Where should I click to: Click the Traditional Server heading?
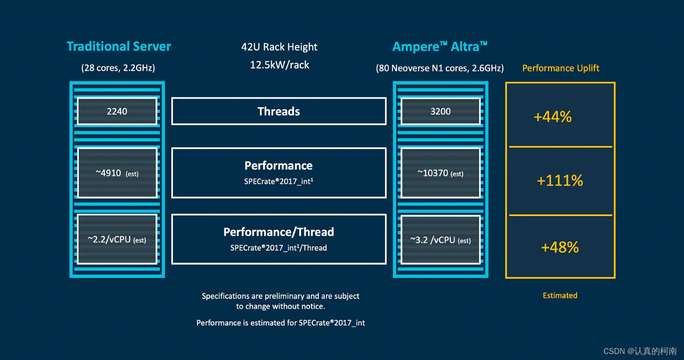[x=118, y=46]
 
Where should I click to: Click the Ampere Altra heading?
[x=439, y=46]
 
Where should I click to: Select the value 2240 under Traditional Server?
[x=117, y=111]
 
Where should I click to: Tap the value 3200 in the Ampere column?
[x=440, y=111]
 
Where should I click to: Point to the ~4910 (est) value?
[x=117, y=173]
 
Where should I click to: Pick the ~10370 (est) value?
[x=440, y=173]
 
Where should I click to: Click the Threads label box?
[x=279, y=111]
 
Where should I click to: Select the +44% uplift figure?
[x=552, y=117]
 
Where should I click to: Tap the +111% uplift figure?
[x=560, y=180]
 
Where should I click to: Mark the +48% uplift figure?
[x=560, y=247]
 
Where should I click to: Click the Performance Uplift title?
[x=560, y=68]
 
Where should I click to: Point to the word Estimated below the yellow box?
[x=560, y=295]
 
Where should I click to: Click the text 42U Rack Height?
[x=279, y=47]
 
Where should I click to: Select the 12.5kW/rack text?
[x=279, y=65]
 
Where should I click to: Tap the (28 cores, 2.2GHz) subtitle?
[x=118, y=68]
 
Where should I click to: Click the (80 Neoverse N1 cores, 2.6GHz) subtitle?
[x=439, y=68]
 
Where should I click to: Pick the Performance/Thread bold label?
[x=279, y=232]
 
